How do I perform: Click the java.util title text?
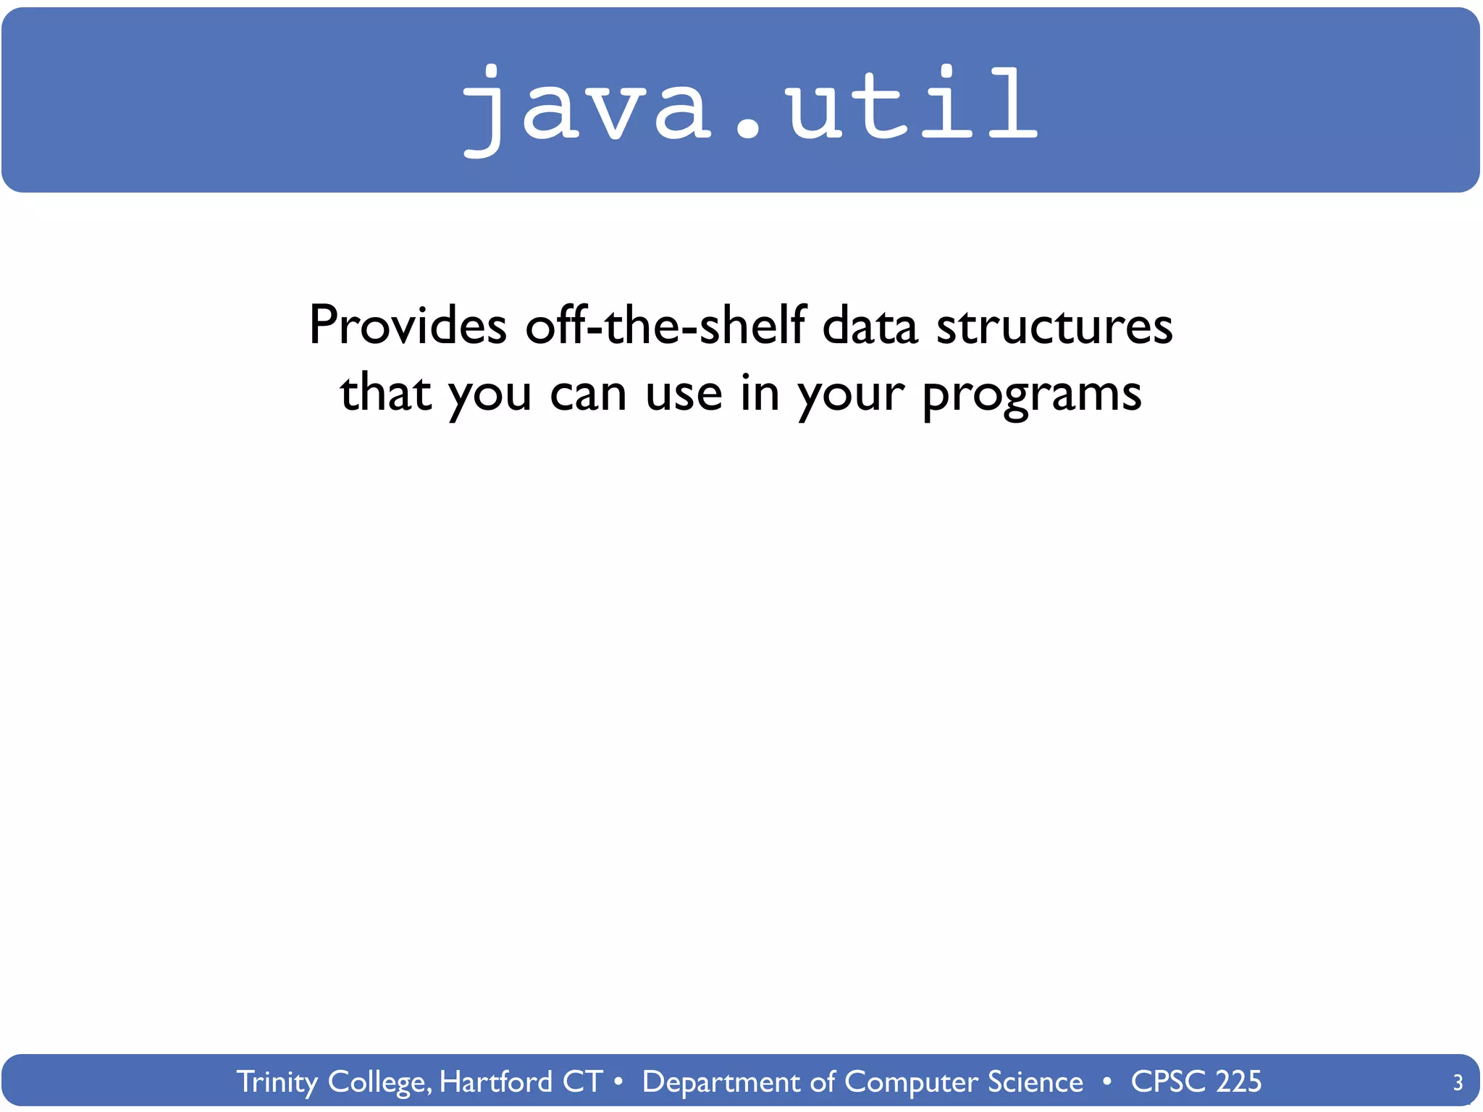click(749, 105)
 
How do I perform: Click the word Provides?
click(408, 326)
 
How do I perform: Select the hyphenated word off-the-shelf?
click(665, 326)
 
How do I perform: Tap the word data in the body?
click(870, 326)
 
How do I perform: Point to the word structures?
click(1054, 326)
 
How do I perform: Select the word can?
click(588, 395)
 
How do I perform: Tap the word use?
click(684, 395)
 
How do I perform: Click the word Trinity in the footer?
click(277, 1082)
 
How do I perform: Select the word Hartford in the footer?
click(495, 1082)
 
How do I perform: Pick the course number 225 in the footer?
click(1238, 1082)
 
